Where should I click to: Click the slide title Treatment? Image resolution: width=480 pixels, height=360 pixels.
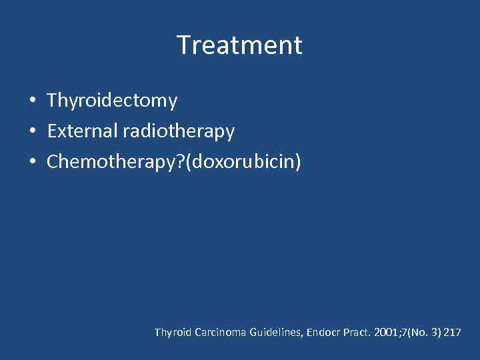point(239,45)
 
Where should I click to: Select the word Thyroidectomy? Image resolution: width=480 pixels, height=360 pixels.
point(112,101)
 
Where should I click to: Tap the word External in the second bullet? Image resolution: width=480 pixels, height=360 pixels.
point(83,131)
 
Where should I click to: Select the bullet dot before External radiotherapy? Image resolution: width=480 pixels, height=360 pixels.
point(33,132)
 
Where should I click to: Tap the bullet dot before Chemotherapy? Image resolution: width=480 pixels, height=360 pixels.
point(33,162)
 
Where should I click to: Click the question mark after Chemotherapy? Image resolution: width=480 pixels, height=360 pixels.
point(181,162)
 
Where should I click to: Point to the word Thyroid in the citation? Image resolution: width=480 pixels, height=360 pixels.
point(173,332)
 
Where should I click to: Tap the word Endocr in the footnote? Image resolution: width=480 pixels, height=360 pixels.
point(324,332)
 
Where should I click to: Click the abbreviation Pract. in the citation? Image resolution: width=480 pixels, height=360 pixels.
point(357,332)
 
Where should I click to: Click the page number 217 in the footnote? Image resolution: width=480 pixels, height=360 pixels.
point(451,332)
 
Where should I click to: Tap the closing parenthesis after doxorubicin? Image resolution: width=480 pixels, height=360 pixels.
point(298,162)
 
